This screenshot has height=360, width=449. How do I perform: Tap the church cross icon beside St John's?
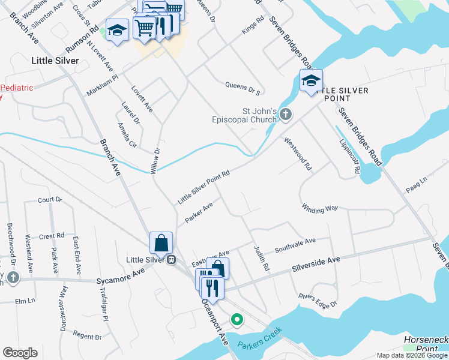286,114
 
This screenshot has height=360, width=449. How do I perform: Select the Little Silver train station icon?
171,260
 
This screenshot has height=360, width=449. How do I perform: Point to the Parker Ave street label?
199,212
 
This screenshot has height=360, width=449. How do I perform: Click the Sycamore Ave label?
121,275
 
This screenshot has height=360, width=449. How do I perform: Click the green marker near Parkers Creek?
238,320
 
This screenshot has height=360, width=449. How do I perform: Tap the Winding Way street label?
320,209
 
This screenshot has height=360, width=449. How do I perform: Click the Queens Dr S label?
243,89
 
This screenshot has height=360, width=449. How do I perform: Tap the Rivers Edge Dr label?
318,301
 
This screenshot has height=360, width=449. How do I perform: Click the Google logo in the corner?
20,353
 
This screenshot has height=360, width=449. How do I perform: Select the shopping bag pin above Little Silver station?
161,243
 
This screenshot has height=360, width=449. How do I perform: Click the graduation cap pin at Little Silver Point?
311,80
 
